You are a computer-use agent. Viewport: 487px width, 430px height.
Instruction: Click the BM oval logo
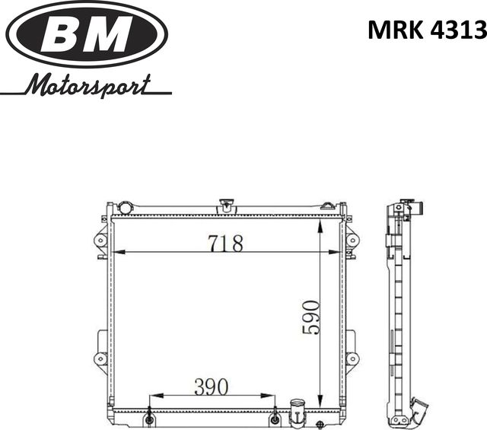[87, 35]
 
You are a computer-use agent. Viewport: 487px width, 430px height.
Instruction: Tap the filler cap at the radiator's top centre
[225, 205]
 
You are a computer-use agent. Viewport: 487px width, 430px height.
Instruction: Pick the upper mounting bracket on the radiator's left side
[100, 240]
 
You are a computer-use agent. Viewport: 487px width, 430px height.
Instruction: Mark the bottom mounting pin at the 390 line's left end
[150, 419]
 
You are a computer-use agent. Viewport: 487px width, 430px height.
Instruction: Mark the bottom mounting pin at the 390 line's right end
[275, 419]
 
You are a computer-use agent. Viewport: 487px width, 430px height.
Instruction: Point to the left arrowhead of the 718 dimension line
[119, 252]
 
